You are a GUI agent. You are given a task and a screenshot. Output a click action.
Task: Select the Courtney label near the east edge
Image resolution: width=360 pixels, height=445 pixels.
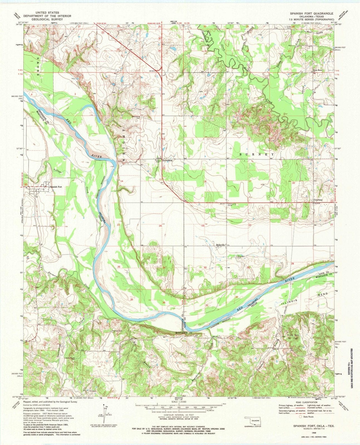click(318, 200)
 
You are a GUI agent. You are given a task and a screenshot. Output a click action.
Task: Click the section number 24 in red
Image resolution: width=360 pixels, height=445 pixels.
click(160, 226)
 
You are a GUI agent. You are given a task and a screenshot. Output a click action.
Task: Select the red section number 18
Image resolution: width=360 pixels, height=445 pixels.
click(205, 181)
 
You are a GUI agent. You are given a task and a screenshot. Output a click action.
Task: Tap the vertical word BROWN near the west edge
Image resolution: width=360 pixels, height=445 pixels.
click(39, 64)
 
